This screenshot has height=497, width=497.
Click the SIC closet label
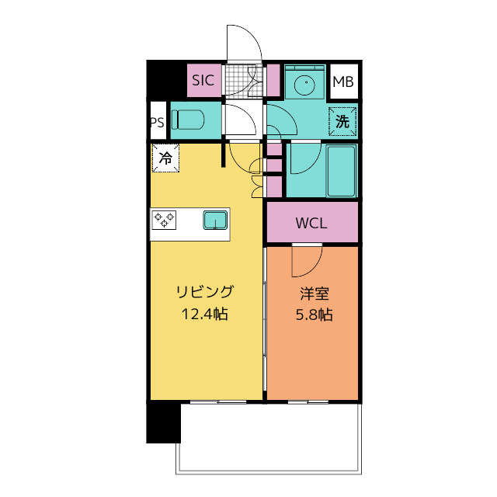(203, 80)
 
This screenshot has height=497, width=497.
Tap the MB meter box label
(343, 82)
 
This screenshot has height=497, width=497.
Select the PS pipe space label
(158, 123)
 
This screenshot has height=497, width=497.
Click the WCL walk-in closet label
(311, 223)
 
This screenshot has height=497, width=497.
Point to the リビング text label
(205, 292)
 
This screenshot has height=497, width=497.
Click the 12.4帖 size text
(205, 314)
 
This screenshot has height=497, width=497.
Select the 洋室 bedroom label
(315, 294)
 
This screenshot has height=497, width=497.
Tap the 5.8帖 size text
(314, 315)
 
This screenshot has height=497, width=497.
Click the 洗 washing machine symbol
(342, 121)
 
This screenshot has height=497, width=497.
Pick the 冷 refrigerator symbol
(165, 158)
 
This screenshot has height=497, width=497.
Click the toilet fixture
(188, 120)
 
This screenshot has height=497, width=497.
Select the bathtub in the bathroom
(341, 171)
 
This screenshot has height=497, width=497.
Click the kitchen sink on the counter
(215, 220)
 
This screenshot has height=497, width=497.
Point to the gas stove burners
(164, 220)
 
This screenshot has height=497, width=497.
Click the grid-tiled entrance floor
(243, 79)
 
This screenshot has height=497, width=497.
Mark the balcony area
(269, 439)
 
